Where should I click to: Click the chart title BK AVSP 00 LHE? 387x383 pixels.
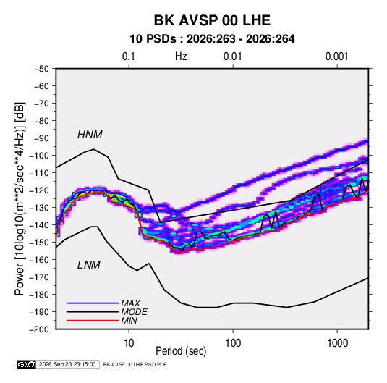212,20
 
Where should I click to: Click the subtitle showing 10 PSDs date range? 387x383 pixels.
212,39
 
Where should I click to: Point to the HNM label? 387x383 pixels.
90,135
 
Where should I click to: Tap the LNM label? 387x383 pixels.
89,265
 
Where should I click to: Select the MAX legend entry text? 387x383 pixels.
131,303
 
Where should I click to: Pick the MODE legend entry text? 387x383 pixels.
135,312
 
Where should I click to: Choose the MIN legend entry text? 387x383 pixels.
129,321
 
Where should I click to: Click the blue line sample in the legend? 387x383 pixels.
93,303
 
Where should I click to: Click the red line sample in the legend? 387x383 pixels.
93,321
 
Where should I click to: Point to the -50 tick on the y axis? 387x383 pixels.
42,69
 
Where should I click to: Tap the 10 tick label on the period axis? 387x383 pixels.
129,343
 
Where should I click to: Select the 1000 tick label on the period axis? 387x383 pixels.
337,343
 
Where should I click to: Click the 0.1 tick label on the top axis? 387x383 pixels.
129,56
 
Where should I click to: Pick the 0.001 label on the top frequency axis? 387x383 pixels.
336,56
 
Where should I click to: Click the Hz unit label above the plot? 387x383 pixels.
181,56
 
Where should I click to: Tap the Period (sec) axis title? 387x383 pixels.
181,351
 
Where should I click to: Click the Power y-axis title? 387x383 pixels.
20,199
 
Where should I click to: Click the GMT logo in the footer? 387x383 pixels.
26,364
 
